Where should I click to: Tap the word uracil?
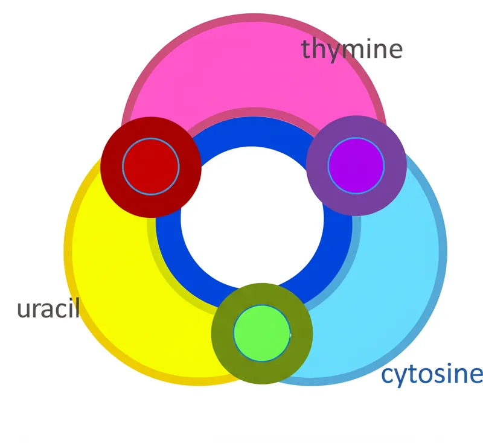coord(48,309)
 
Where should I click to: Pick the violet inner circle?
coord(356,166)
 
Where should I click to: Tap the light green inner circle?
coord(262,334)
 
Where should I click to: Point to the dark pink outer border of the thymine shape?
coord(254,19)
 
